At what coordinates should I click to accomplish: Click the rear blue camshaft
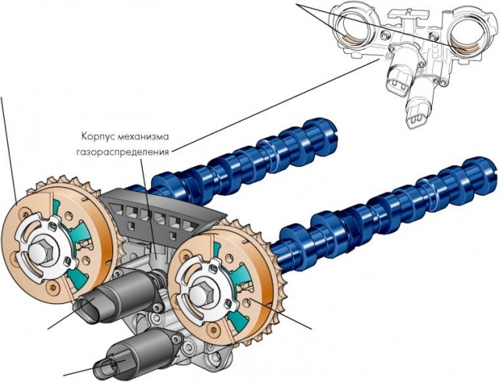(x=249, y=156)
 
